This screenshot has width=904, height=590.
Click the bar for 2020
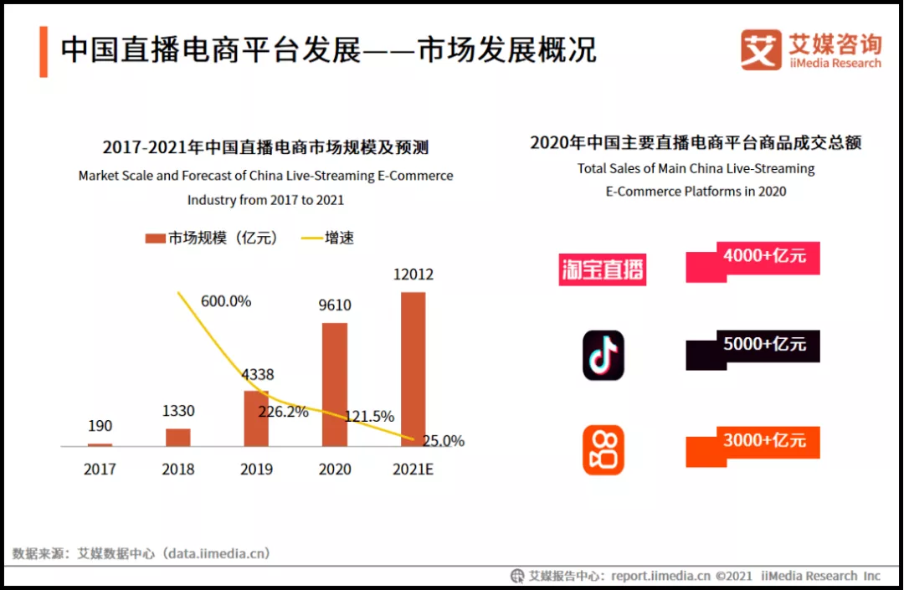point(335,384)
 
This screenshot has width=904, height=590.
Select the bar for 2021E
point(413,368)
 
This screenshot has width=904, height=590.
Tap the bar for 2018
point(177,437)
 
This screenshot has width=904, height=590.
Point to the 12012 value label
point(413,274)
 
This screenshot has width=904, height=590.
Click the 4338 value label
point(257,375)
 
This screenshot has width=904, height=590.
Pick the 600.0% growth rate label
point(226,301)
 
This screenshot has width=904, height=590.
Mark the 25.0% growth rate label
point(443,441)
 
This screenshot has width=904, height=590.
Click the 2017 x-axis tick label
point(100,469)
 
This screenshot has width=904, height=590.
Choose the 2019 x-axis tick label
point(256,469)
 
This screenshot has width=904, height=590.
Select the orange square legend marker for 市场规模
point(155,239)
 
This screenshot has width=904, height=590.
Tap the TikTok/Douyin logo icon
point(603,355)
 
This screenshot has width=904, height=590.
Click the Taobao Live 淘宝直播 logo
point(603,269)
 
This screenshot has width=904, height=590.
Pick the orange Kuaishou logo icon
point(603,450)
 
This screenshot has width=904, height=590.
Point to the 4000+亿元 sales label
point(764,256)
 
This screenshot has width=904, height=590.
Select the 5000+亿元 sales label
point(764,344)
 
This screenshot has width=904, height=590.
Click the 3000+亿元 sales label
point(764,440)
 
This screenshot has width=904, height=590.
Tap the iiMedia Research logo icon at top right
point(760,50)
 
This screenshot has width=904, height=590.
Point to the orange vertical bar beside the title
point(44,51)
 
